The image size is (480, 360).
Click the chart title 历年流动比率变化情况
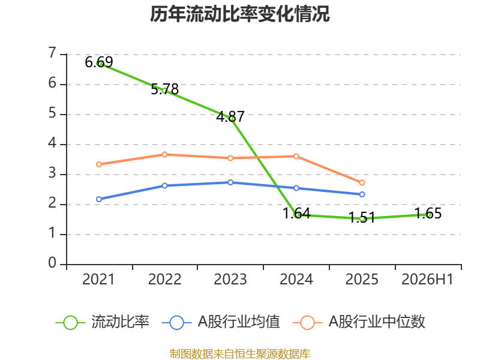(239, 14)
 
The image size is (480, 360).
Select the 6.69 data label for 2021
(99, 62)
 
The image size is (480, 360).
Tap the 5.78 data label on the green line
(164, 89)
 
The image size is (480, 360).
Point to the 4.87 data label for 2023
(230, 116)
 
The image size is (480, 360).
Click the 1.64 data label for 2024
(296, 214)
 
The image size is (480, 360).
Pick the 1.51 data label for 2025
(362, 218)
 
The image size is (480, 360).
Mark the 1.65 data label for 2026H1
(428, 214)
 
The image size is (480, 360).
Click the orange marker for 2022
(164, 155)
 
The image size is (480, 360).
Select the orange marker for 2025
(362, 183)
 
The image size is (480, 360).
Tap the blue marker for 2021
(99, 199)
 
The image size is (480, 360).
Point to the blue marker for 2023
(230, 182)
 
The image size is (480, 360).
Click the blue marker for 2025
(362, 194)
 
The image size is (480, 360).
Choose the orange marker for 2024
(296, 157)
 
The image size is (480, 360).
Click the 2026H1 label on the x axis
(427, 280)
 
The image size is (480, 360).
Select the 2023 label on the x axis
(230, 280)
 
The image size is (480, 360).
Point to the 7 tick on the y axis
(52, 53)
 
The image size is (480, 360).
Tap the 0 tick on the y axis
(52, 263)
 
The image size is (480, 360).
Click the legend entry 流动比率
(103, 322)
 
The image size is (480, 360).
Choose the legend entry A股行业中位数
(359, 322)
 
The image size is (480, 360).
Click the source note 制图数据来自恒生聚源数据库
(240, 353)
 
